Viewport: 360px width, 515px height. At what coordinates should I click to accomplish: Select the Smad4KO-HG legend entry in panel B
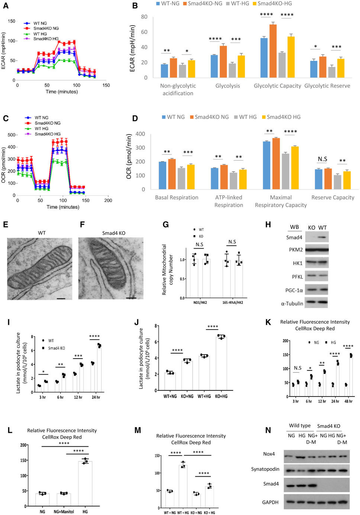274,4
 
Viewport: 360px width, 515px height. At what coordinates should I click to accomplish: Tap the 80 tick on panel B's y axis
144,17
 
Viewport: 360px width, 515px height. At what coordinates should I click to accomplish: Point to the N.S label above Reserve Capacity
322,159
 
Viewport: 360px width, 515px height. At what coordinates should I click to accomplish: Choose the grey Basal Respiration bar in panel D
181,179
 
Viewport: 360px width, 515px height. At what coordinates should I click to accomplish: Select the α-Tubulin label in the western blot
292,304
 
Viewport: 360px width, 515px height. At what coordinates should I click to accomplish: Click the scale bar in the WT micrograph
61,298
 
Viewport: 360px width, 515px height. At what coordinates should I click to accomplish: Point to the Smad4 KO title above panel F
114,233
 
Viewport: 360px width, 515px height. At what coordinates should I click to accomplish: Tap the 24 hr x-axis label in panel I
96,397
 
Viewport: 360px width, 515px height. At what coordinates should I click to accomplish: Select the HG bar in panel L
85,483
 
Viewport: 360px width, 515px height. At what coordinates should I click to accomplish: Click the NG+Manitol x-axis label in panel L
64,512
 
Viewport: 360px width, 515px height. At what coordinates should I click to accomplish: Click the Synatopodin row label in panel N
265,469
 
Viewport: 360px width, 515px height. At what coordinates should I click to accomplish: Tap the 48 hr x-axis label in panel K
348,401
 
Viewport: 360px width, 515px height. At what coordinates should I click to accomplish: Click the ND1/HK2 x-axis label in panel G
200,302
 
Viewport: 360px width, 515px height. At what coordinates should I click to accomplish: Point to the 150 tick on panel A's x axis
106,85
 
